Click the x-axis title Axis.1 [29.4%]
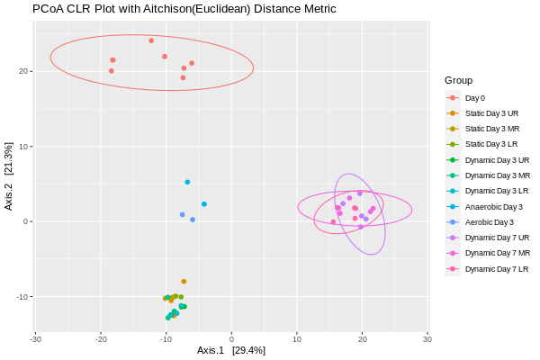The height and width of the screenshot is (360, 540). tap(231, 350)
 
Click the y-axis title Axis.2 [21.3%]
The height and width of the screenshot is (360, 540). tap(9, 176)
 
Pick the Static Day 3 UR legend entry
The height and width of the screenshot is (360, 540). tap(491, 113)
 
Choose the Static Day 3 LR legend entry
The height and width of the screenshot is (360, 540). tap(491, 144)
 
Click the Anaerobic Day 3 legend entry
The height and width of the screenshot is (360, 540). tap(493, 206)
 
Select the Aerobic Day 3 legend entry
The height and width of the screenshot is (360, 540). tap(489, 221)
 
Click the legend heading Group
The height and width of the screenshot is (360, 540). tap(458, 80)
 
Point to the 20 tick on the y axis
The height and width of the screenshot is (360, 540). tap(25, 71)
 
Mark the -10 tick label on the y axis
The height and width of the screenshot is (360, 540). tap(23, 297)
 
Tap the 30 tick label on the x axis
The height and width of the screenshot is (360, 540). tap(427, 339)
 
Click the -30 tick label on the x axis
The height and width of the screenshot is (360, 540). tap(35, 339)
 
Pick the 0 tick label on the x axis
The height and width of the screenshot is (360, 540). tap(231, 339)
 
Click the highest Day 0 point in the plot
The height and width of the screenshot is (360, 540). tap(151, 40)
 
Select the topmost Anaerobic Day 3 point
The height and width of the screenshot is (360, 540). tap(187, 182)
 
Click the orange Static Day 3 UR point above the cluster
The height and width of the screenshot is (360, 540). tap(184, 282)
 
